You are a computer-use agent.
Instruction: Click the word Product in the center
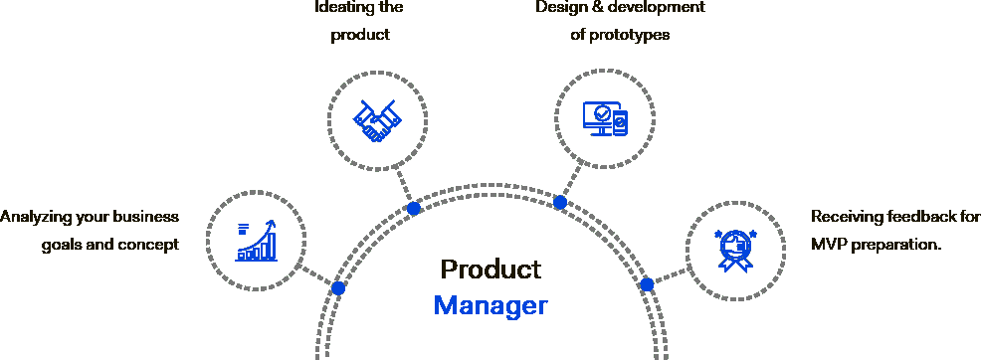[490, 270]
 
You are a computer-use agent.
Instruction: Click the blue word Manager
[490, 305]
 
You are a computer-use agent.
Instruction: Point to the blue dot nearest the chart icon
[338, 288]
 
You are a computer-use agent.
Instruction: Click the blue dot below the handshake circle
[414, 209]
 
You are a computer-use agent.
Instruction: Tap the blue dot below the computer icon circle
[560, 202]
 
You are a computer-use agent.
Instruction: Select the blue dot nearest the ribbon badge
[647, 283]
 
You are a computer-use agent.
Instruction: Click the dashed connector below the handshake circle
[404, 186]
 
